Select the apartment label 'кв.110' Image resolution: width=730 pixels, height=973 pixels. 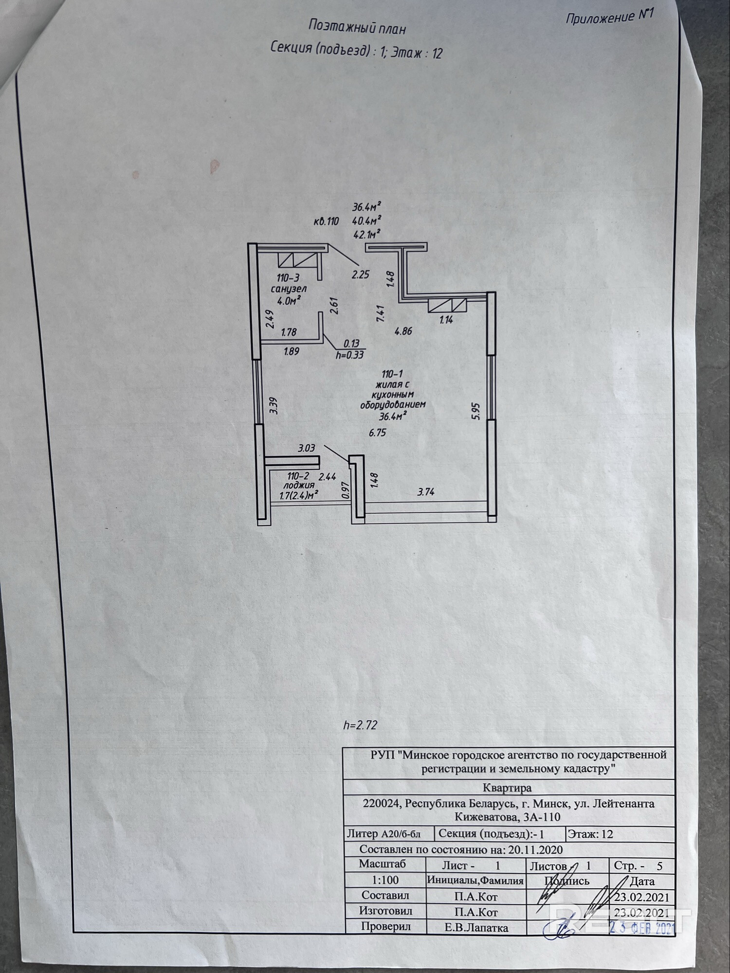pyautogui.click(x=326, y=221)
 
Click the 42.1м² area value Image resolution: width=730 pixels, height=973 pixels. pyautogui.click(x=366, y=234)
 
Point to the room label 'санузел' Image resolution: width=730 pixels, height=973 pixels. pyautogui.click(x=289, y=289)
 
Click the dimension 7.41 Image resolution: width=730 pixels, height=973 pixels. pyautogui.click(x=381, y=313)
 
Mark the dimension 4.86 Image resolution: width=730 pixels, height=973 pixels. pyautogui.click(x=403, y=331)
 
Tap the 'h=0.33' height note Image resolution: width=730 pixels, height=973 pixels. pyautogui.click(x=350, y=355)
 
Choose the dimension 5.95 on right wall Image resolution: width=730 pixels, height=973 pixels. pyautogui.click(x=476, y=411)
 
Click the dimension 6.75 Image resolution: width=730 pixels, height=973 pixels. pyautogui.click(x=378, y=432)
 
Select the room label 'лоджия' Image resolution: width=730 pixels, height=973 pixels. pyautogui.click(x=299, y=485)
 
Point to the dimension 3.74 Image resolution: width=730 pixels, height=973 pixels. pyautogui.click(x=426, y=492)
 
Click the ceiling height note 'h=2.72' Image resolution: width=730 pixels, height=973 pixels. pyautogui.click(x=360, y=725)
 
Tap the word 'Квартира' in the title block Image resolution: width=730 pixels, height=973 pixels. pyautogui.click(x=507, y=787)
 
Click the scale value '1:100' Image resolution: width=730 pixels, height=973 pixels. pyautogui.click(x=385, y=880)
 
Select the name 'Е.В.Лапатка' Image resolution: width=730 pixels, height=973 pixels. pyautogui.click(x=476, y=928)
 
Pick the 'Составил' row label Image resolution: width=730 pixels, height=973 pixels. pyautogui.click(x=385, y=895)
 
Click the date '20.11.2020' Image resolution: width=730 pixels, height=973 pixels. pyautogui.click(x=535, y=849)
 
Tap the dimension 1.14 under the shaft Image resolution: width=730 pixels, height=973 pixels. pyautogui.click(x=446, y=320)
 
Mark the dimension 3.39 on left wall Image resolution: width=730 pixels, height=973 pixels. pyautogui.click(x=273, y=405)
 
